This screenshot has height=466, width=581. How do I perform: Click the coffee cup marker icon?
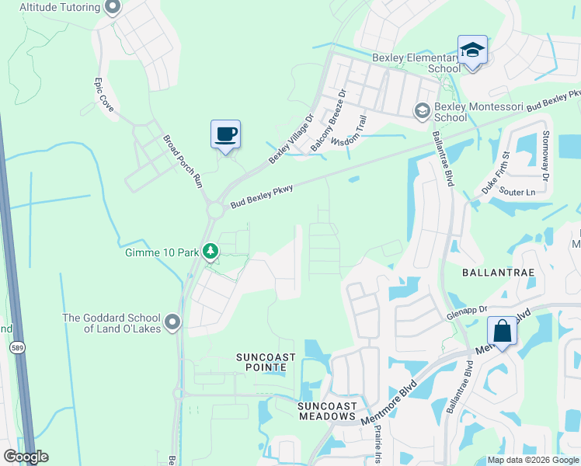point(225,134)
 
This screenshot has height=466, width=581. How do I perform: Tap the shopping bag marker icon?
point(502,332)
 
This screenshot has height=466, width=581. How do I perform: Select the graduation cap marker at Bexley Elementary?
point(471,50)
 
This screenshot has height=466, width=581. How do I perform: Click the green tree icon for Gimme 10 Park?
point(210,251)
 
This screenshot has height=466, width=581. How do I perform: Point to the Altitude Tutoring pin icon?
point(112,8)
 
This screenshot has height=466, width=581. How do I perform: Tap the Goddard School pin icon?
point(172,322)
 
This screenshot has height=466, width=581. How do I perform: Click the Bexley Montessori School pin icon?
point(423,110)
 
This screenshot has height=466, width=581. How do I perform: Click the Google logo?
point(25,457)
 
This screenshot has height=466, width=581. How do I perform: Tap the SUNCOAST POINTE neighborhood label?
point(266,362)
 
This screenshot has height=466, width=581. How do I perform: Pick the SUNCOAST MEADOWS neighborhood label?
point(327,411)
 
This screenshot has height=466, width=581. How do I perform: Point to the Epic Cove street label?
point(104,95)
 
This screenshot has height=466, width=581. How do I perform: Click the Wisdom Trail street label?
point(349,132)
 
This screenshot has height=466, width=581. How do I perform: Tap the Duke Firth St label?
point(494,172)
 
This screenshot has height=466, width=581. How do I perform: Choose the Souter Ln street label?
point(517,192)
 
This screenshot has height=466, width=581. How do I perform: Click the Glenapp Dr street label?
point(466,309)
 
